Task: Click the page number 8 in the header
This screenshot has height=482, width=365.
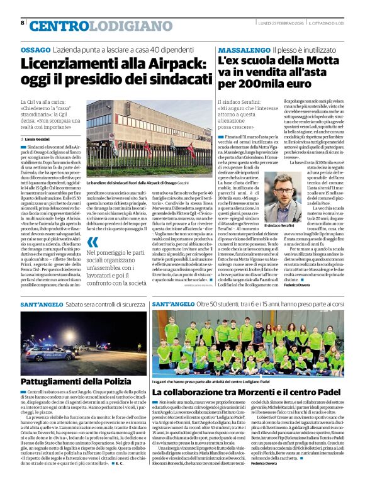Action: [23, 23]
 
